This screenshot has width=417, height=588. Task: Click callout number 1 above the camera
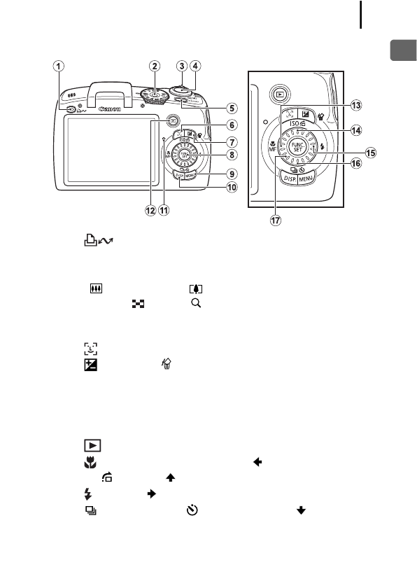(60, 66)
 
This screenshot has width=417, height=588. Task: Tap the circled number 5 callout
(230, 108)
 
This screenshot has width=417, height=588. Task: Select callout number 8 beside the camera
(230, 154)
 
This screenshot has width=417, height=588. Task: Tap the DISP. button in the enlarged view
(288, 179)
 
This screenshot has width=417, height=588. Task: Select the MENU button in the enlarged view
(308, 179)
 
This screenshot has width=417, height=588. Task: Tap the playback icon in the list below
(91, 445)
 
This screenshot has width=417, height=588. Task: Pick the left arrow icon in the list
(257, 462)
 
